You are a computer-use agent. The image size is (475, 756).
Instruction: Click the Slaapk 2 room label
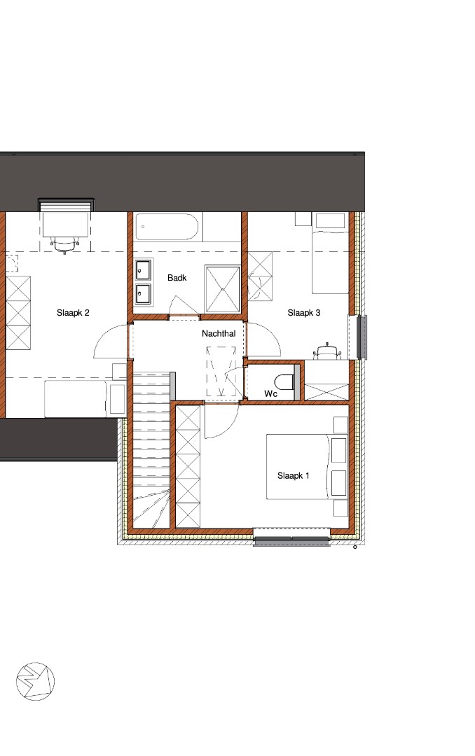[x=73, y=313]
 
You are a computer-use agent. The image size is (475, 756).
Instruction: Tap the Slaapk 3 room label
[x=303, y=313]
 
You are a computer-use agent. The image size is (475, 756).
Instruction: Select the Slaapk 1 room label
[x=293, y=476]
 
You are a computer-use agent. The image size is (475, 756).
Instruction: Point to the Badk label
[x=177, y=278]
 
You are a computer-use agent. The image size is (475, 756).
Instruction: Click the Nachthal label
[x=219, y=334]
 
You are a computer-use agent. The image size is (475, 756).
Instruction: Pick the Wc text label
[x=271, y=394]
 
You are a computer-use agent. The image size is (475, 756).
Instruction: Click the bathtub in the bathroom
[x=167, y=227]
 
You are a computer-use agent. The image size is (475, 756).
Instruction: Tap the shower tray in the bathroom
[x=223, y=289]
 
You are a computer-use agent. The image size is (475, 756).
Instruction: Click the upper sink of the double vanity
[x=144, y=270]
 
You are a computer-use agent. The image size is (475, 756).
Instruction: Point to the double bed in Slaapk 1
[x=307, y=467]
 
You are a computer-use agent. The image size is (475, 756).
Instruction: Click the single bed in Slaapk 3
[x=330, y=254]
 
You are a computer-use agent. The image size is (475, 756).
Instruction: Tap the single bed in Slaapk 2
[x=85, y=399]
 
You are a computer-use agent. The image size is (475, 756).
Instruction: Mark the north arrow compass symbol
[x=35, y=681]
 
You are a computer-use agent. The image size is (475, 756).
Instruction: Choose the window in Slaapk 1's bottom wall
[x=292, y=537]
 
